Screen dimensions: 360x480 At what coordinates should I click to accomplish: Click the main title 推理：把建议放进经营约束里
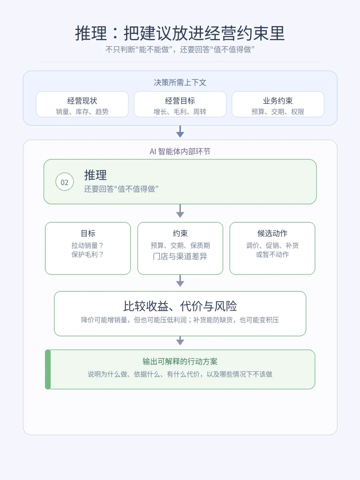180,33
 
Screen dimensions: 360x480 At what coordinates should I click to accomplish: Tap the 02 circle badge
64,182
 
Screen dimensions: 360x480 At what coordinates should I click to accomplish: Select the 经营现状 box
82,104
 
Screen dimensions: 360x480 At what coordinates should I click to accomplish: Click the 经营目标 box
180,104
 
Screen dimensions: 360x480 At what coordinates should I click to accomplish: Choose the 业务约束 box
278,104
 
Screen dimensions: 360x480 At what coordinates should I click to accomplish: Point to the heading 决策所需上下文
180,82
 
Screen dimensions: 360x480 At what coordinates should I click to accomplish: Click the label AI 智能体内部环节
180,151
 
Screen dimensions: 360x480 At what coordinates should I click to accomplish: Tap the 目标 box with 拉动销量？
88,248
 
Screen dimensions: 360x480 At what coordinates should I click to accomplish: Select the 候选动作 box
272,248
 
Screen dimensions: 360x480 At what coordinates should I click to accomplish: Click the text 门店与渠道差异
180,256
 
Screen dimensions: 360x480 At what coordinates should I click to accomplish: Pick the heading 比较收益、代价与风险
180,306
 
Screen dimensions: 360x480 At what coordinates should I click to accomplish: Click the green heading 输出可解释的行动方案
180,361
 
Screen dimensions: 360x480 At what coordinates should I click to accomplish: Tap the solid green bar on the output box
48,369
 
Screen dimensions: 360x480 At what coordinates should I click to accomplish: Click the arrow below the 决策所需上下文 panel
180,132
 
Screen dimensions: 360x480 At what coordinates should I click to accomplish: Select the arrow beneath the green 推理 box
180,211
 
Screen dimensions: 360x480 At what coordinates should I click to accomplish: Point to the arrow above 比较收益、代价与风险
180,281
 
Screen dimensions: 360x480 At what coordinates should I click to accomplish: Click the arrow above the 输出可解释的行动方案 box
180,341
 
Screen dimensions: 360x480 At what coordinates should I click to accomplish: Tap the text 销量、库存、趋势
82,112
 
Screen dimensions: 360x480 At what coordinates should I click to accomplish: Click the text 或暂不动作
272,254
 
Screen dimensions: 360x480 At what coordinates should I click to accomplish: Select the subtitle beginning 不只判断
180,49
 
